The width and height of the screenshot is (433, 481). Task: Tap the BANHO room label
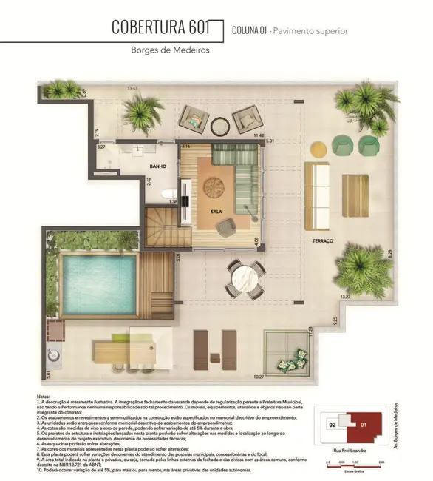click(x=158, y=166)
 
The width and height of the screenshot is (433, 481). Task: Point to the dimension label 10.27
click(x=259, y=377)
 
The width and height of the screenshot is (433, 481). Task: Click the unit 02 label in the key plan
click(x=333, y=425)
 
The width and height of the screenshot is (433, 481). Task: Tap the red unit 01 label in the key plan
click(x=364, y=425)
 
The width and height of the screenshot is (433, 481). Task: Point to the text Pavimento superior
click(x=311, y=31)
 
